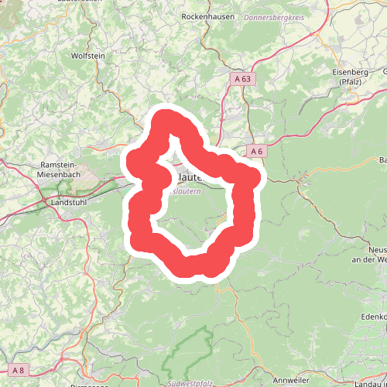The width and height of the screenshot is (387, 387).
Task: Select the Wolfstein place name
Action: click(x=87, y=57)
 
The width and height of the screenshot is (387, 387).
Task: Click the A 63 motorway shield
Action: click(x=243, y=78)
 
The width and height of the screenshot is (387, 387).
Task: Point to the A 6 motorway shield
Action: click(x=258, y=151)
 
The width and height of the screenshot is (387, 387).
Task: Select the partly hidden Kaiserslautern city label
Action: click(x=190, y=177)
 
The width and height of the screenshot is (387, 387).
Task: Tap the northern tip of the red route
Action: click(x=166, y=116)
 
